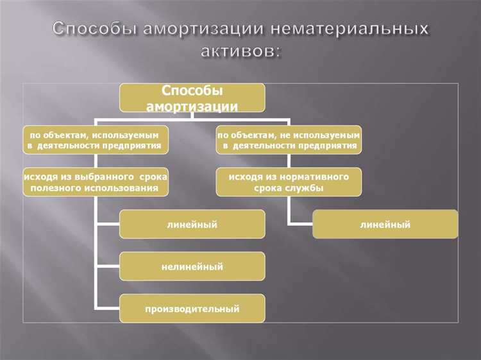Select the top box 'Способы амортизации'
[192, 98]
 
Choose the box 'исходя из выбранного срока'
[96, 182]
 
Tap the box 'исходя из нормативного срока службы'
[289, 182]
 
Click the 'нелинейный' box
[192, 266]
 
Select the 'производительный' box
[192, 309]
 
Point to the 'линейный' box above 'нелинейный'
[192, 224]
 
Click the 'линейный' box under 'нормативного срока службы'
[385, 224]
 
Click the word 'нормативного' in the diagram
[316, 176]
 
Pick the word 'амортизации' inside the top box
[192, 106]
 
